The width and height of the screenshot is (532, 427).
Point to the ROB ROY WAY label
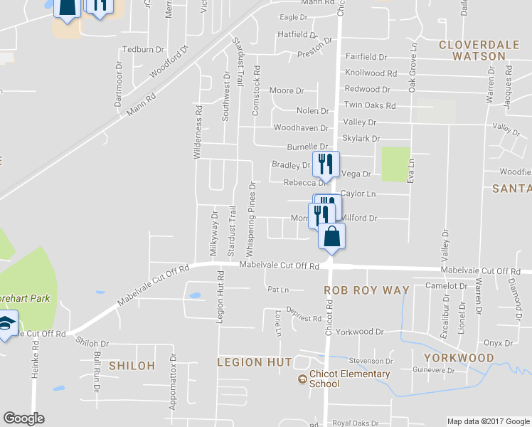(x=366, y=290)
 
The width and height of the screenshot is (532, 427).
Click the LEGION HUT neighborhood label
(x=255, y=362)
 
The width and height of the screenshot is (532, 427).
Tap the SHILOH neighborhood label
(x=132, y=365)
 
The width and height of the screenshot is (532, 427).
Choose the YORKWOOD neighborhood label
(x=459, y=357)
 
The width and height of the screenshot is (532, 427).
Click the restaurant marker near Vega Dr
(x=326, y=164)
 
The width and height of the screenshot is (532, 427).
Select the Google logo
(x=23, y=418)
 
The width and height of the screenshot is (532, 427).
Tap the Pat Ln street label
(x=278, y=290)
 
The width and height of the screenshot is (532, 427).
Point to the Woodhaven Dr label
(x=301, y=128)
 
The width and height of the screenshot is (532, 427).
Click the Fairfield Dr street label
(x=366, y=56)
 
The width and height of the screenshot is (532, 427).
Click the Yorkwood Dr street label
(x=359, y=332)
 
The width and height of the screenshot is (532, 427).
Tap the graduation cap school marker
(x=6, y=325)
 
